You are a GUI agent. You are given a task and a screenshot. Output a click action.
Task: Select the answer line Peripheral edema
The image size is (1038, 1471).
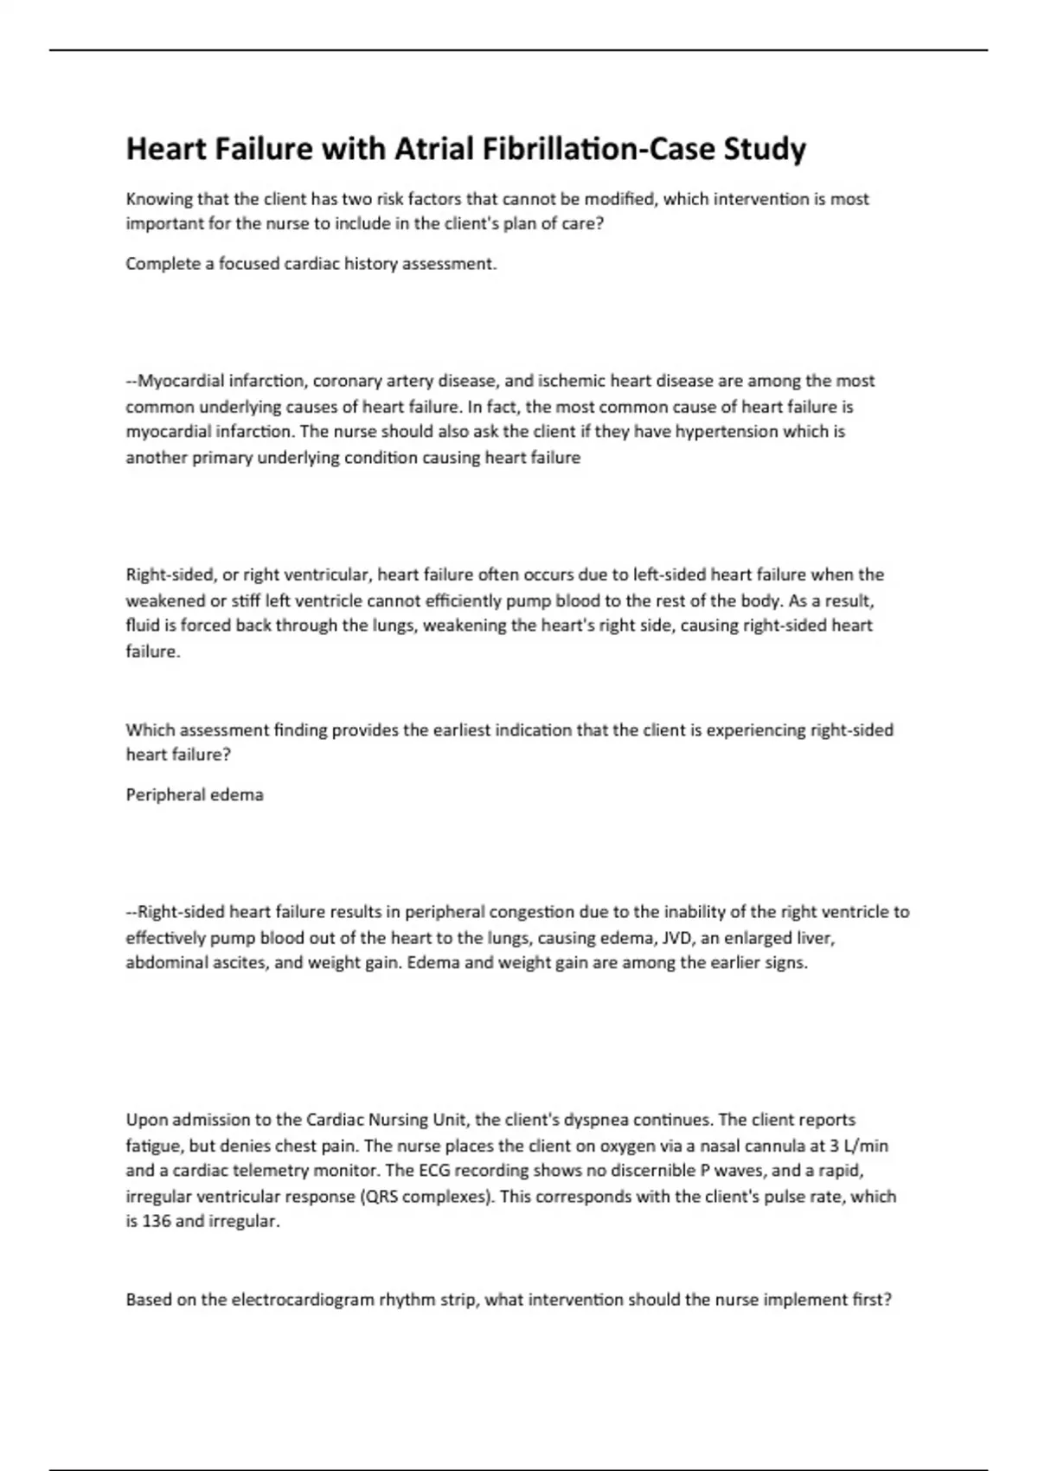[195, 795]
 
